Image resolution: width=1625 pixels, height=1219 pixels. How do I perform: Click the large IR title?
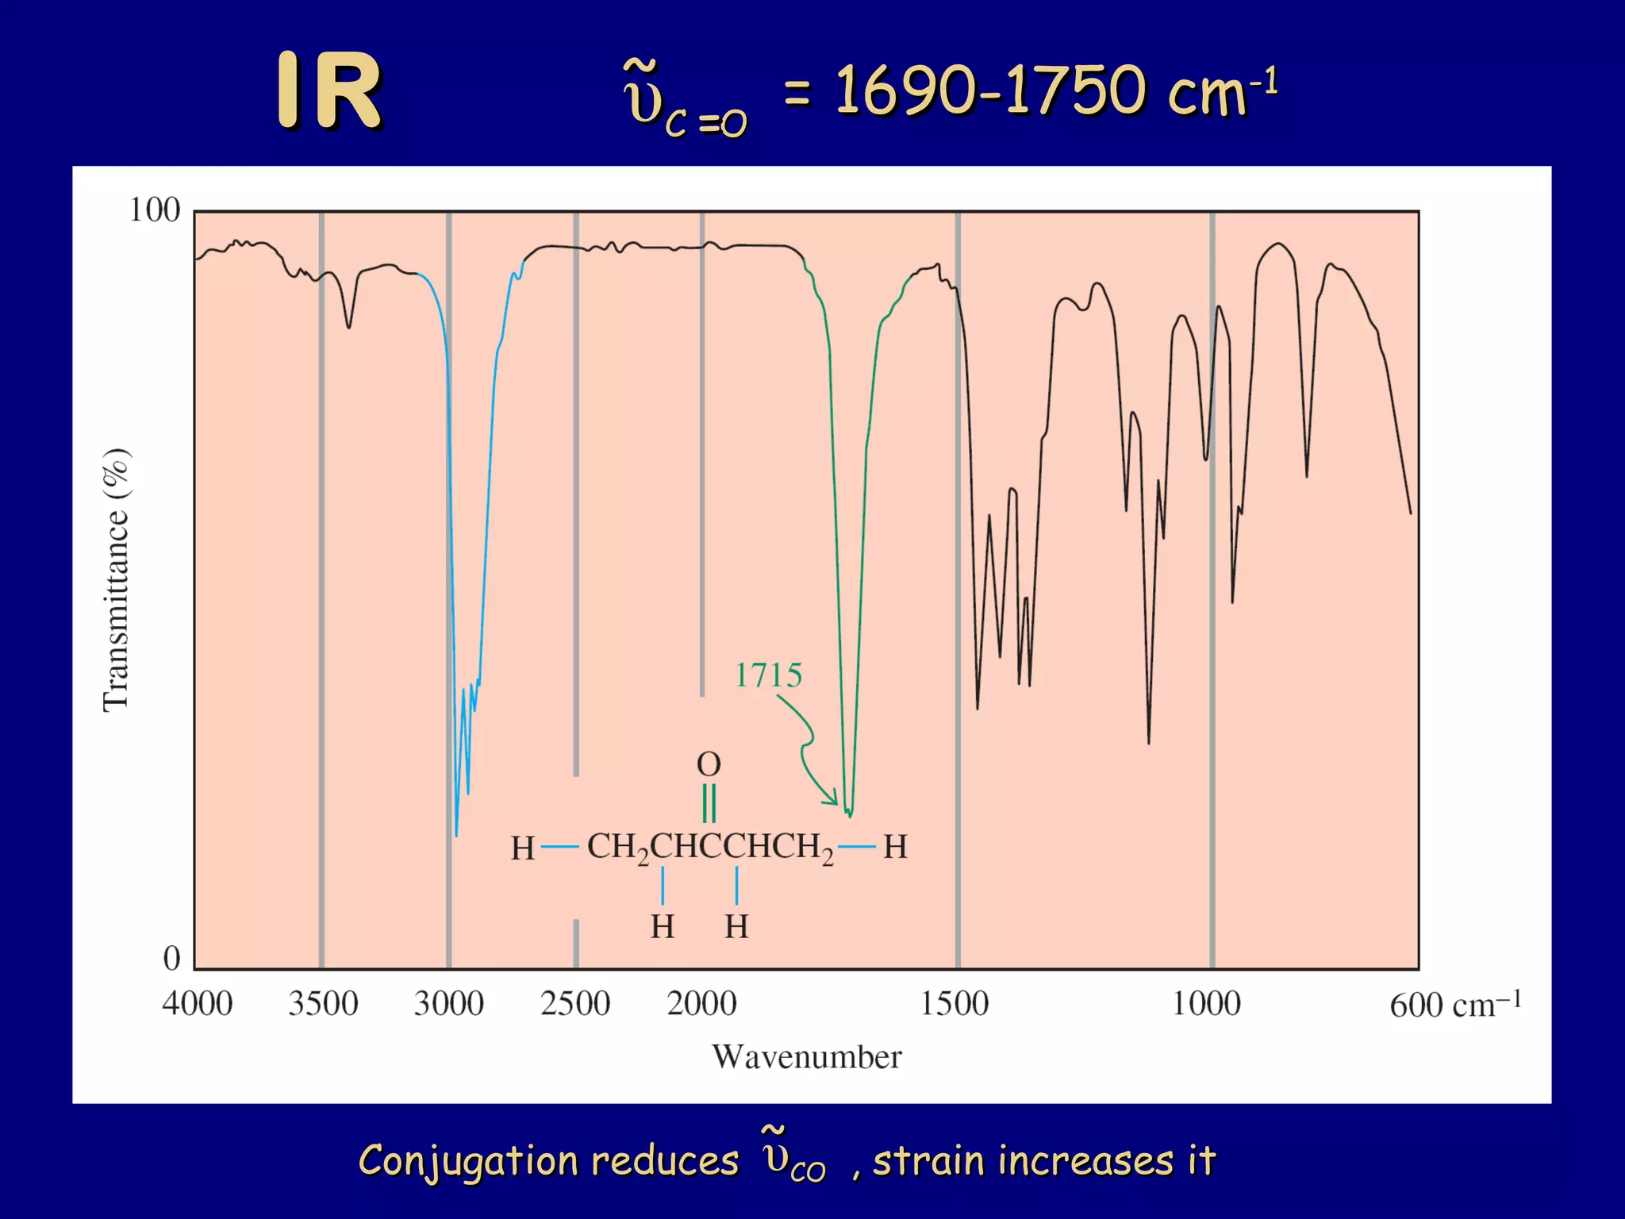(x=329, y=91)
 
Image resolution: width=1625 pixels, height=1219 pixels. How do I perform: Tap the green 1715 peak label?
(x=768, y=675)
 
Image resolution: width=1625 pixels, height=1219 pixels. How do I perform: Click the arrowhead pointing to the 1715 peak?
(x=832, y=798)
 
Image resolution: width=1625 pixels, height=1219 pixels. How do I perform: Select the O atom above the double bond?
(x=709, y=764)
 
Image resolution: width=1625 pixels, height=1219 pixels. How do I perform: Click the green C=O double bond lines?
(x=709, y=803)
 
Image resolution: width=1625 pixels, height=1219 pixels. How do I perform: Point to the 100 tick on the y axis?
(x=155, y=210)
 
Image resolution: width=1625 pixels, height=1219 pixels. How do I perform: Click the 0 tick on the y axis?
(x=172, y=958)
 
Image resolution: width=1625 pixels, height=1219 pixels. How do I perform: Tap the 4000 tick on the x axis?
(x=197, y=1004)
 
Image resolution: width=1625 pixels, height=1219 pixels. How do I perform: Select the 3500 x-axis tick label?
(x=323, y=1004)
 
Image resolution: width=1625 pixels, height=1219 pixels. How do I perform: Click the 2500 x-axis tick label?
(x=575, y=1004)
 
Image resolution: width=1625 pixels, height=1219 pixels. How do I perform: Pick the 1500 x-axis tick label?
(x=955, y=1004)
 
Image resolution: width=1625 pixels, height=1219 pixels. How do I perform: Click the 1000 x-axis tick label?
(x=1206, y=1004)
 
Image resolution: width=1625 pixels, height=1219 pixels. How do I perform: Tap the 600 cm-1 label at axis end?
(x=1454, y=1005)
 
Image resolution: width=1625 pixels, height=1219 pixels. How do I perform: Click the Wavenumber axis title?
(x=806, y=1057)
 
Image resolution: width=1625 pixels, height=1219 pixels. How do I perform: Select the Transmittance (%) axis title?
(x=117, y=579)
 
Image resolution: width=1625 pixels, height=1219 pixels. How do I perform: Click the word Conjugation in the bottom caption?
(x=466, y=1160)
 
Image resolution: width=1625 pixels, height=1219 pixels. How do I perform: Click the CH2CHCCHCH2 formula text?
(x=710, y=848)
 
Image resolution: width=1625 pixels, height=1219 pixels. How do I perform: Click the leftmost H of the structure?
(x=522, y=848)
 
